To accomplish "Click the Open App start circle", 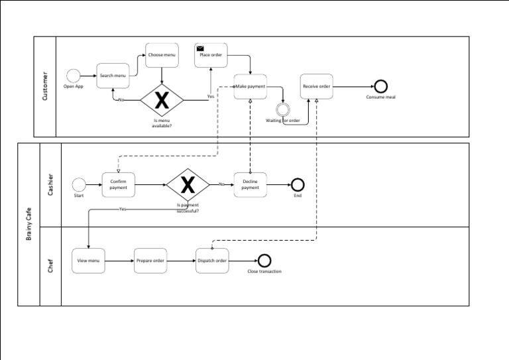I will click(x=73, y=76).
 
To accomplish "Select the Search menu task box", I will click(x=113, y=76).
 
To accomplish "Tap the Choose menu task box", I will click(x=162, y=55).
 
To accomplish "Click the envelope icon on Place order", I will click(x=199, y=48).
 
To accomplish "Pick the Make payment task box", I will click(x=251, y=86).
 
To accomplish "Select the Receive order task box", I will click(x=316, y=86).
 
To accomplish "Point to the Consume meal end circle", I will click(x=380, y=86).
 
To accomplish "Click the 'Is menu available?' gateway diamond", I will click(x=162, y=100).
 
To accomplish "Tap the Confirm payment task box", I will click(x=119, y=184).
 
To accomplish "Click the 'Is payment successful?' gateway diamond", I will click(x=188, y=185).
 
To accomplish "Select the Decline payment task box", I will click(x=250, y=184).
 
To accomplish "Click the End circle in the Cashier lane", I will click(x=298, y=184).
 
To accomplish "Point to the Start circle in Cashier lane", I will click(x=79, y=184).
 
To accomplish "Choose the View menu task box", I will click(x=88, y=261).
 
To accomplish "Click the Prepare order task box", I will click(x=150, y=261).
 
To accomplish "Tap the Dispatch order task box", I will click(x=212, y=261).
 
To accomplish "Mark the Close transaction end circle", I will click(x=264, y=261).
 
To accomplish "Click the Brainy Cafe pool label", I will click(x=28, y=224).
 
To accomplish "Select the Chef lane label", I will click(x=50, y=266).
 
